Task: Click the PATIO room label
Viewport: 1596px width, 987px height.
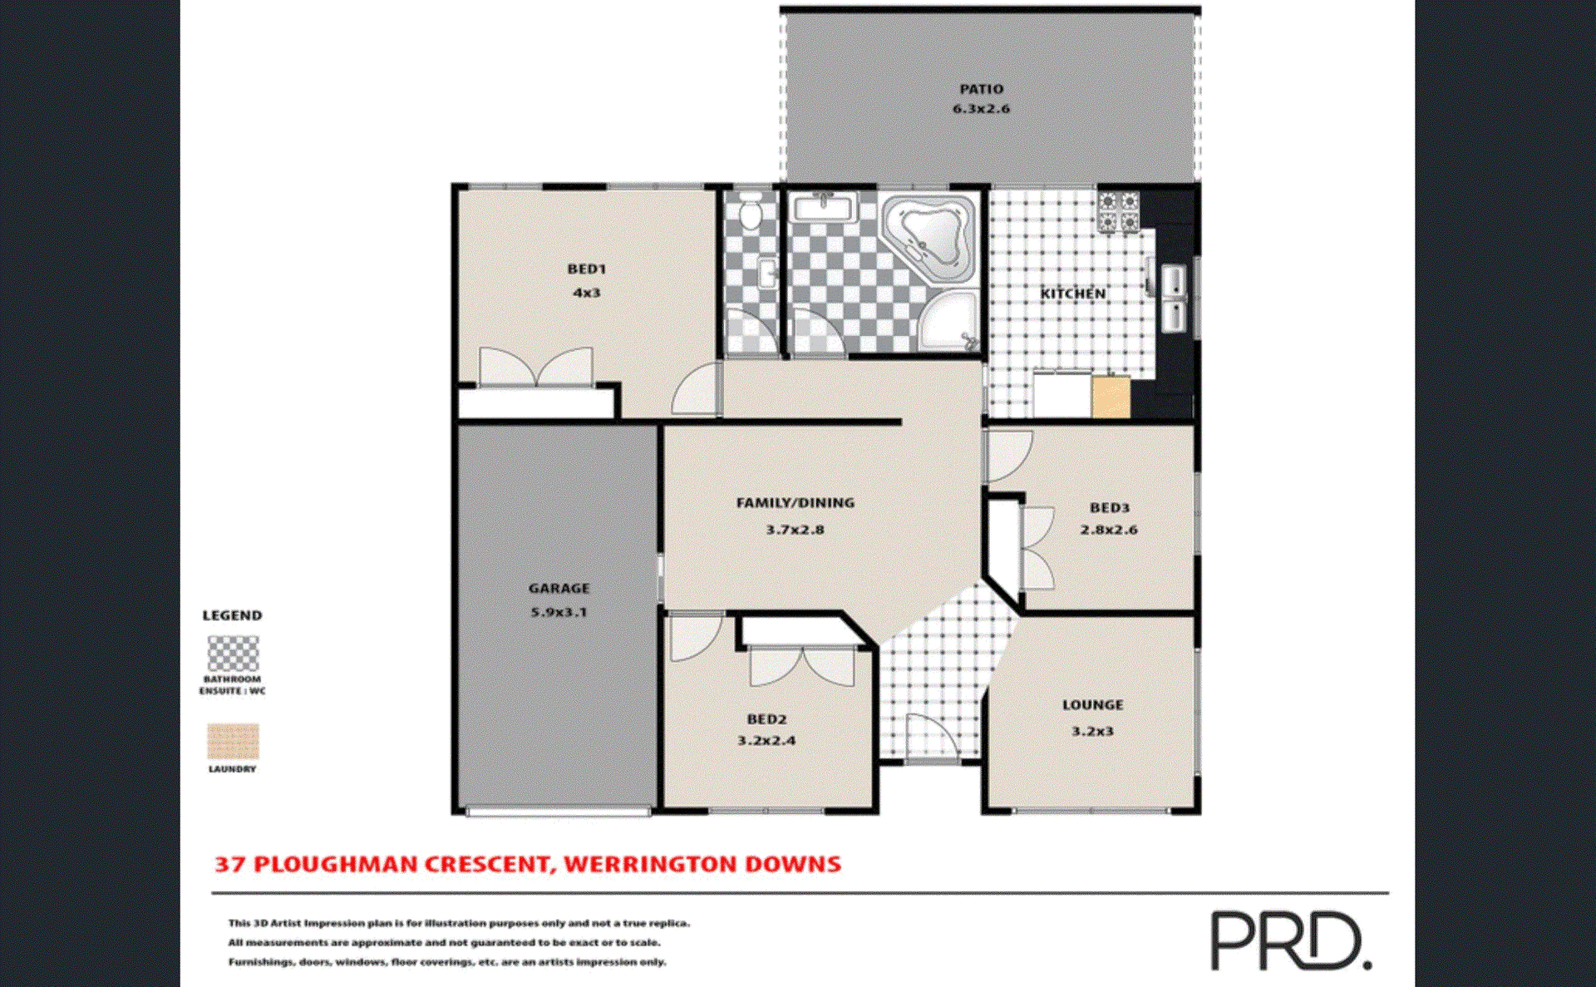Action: [981, 89]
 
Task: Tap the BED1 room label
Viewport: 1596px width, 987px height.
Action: [586, 269]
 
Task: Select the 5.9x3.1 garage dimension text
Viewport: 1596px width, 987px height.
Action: [559, 612]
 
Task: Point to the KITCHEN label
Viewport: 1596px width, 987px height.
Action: [1072, 294]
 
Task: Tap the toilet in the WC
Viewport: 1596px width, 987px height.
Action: [751, 213]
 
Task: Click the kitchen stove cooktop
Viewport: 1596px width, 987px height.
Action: [1118, 211]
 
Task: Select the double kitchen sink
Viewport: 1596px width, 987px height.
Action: [1173, 297]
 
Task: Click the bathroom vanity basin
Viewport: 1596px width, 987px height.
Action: [823, 206]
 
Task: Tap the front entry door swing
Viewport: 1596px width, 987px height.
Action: [929, 735]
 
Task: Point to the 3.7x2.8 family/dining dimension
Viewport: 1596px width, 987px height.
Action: [795, 530]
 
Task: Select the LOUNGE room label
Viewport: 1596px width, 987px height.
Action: [1092, 705]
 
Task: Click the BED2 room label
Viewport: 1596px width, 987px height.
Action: [766, 719]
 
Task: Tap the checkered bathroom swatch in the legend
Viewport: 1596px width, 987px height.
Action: [233, 654]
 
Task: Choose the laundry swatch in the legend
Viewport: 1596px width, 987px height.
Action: [233, 741]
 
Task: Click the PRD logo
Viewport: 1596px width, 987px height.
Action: [1290, 940]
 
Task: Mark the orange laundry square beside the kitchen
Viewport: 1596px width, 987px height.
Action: [1111, 397]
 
